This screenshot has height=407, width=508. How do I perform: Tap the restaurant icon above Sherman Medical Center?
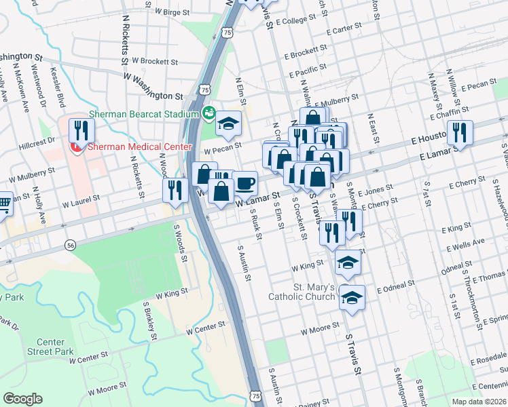(x=80, y=130)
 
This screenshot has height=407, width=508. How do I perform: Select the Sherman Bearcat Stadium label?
(x=139, y=114)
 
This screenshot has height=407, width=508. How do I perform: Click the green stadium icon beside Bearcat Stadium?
(x=208, y=113)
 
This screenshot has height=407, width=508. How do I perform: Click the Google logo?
(x=23, y=399)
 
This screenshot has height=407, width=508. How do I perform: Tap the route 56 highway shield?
(x=69, y=244)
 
